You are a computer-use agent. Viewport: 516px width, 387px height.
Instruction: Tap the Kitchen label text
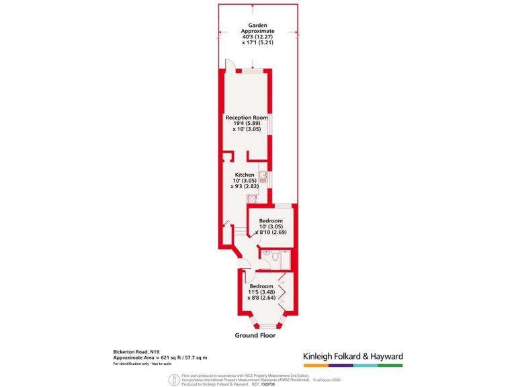click(245, 175)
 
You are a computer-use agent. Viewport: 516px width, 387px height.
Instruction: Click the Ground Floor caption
click(255, 335)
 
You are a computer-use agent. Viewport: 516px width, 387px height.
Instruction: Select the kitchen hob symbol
click(252, 198)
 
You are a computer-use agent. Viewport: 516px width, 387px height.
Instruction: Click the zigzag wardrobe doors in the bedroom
click(284, 293)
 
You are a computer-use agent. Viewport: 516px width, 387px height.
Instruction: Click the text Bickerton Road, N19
click(136, 351)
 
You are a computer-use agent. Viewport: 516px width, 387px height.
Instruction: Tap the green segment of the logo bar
click(390, 365)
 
